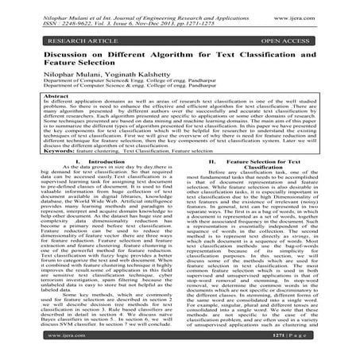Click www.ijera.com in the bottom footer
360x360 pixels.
point(42,347)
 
